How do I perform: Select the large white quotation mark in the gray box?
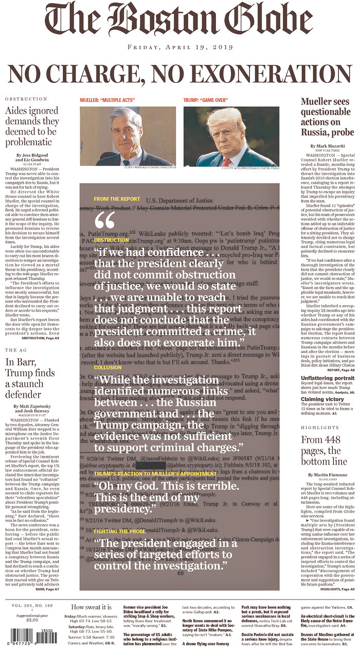(x=105, y=221)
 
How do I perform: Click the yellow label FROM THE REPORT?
(x=113, y=199)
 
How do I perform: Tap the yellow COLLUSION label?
(x=108, y=367)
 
